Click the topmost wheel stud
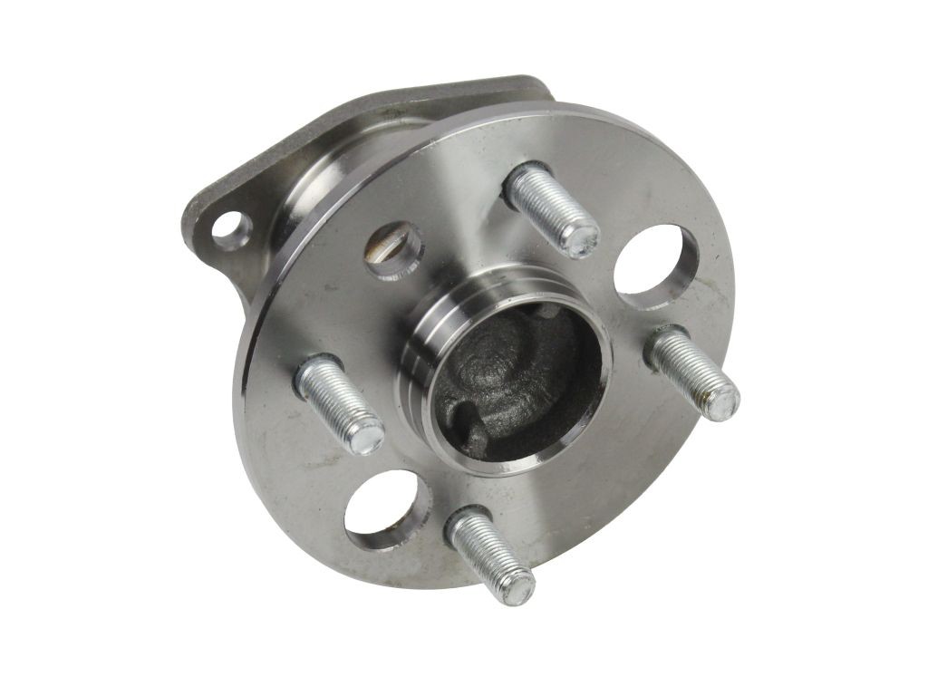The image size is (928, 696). pos(550,208)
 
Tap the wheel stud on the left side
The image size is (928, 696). pos(339,404)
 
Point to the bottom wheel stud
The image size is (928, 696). pos(490,554)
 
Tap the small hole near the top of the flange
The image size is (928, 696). pos(395,248)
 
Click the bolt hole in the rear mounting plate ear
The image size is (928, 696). pos(230,227)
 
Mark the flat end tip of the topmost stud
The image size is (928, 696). pos(581,237)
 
